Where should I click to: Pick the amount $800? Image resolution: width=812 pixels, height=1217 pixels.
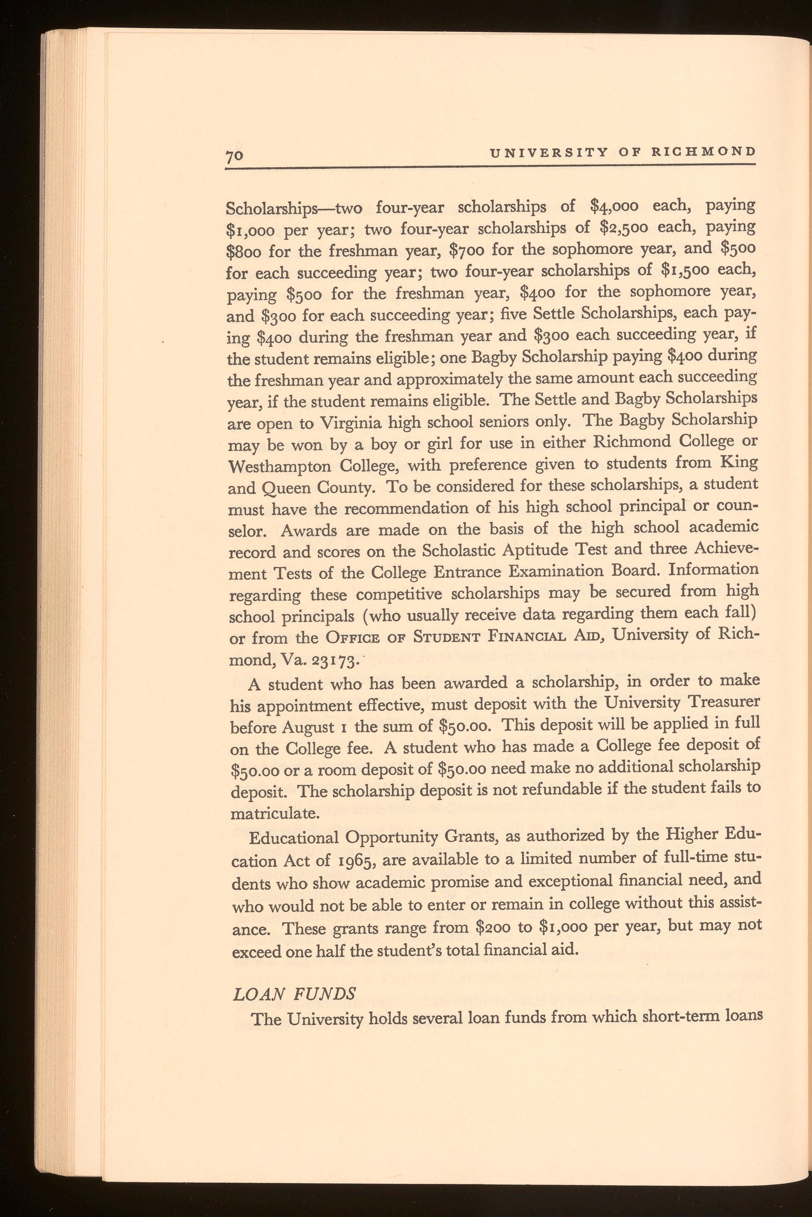click(245, 251)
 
